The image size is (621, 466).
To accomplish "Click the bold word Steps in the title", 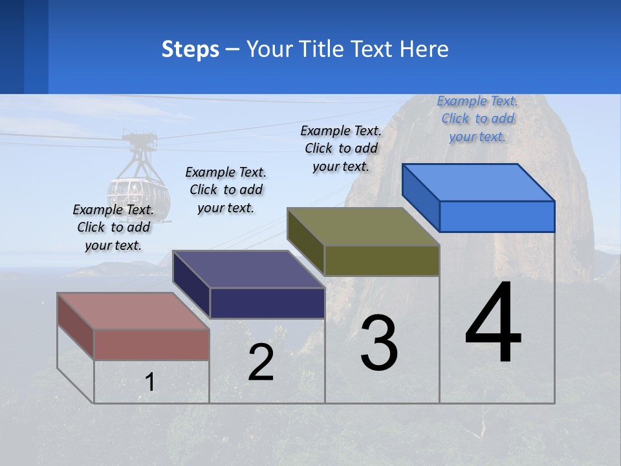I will tap(190, 49).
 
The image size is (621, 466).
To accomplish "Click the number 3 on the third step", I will tap(379, 344).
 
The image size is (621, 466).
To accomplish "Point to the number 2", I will tap(261, 362).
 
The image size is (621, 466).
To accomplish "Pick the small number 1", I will tap(150, 383).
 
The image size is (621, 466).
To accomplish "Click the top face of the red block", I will tap(133, 311).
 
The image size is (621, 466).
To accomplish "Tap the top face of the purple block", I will tap(248, 269).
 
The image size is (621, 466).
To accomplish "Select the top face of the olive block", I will tap(363, 227).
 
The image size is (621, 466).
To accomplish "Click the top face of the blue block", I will tap(478, 183).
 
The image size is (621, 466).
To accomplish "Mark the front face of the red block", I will tap(151, 344).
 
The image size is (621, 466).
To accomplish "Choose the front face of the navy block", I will tap(267, 303).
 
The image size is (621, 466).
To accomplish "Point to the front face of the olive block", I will tap(382, 260).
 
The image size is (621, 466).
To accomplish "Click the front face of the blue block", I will tap(497, 216).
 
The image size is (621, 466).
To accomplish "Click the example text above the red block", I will tap(113, 227).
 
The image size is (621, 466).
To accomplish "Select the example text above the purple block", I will tap(226, 190).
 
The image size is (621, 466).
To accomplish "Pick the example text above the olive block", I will tap(341, 148).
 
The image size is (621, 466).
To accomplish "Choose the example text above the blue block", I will tap(477, 118).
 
